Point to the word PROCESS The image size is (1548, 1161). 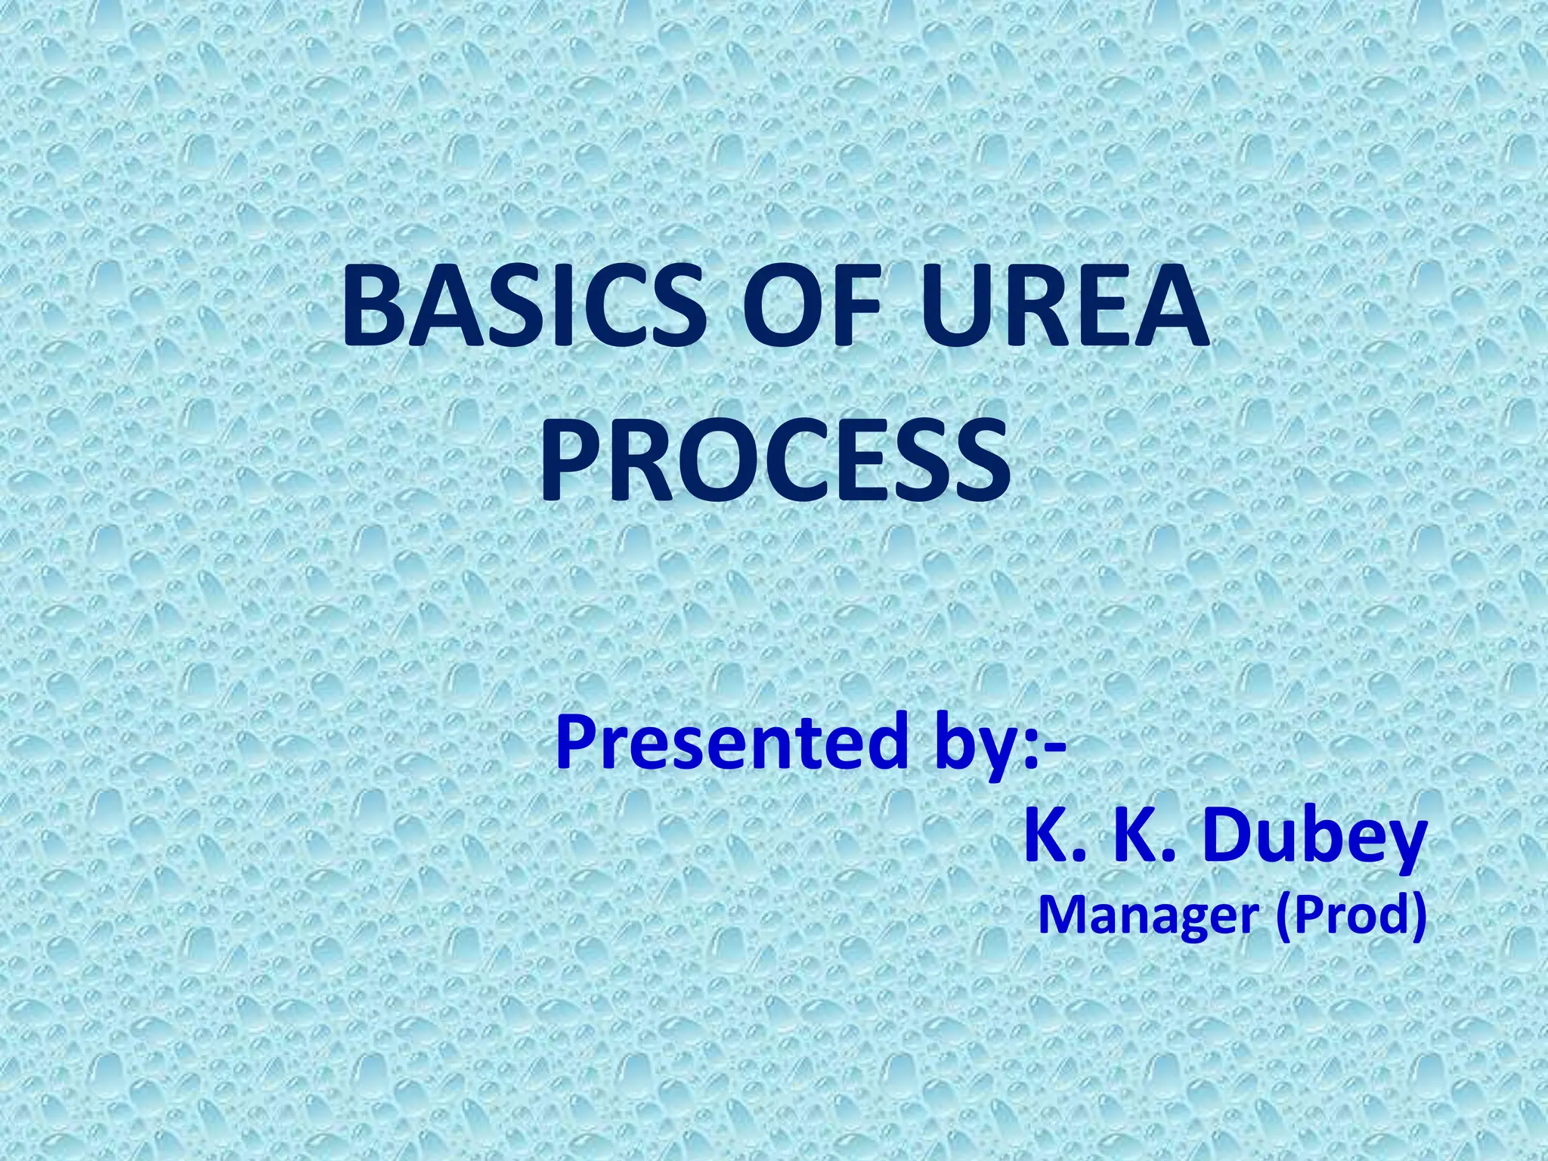tap(775, 462)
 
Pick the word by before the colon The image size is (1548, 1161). tap(977, 745)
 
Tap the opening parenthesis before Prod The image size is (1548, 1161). tap(1283, 916)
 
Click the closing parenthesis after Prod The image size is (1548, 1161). tap(1418, 916)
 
